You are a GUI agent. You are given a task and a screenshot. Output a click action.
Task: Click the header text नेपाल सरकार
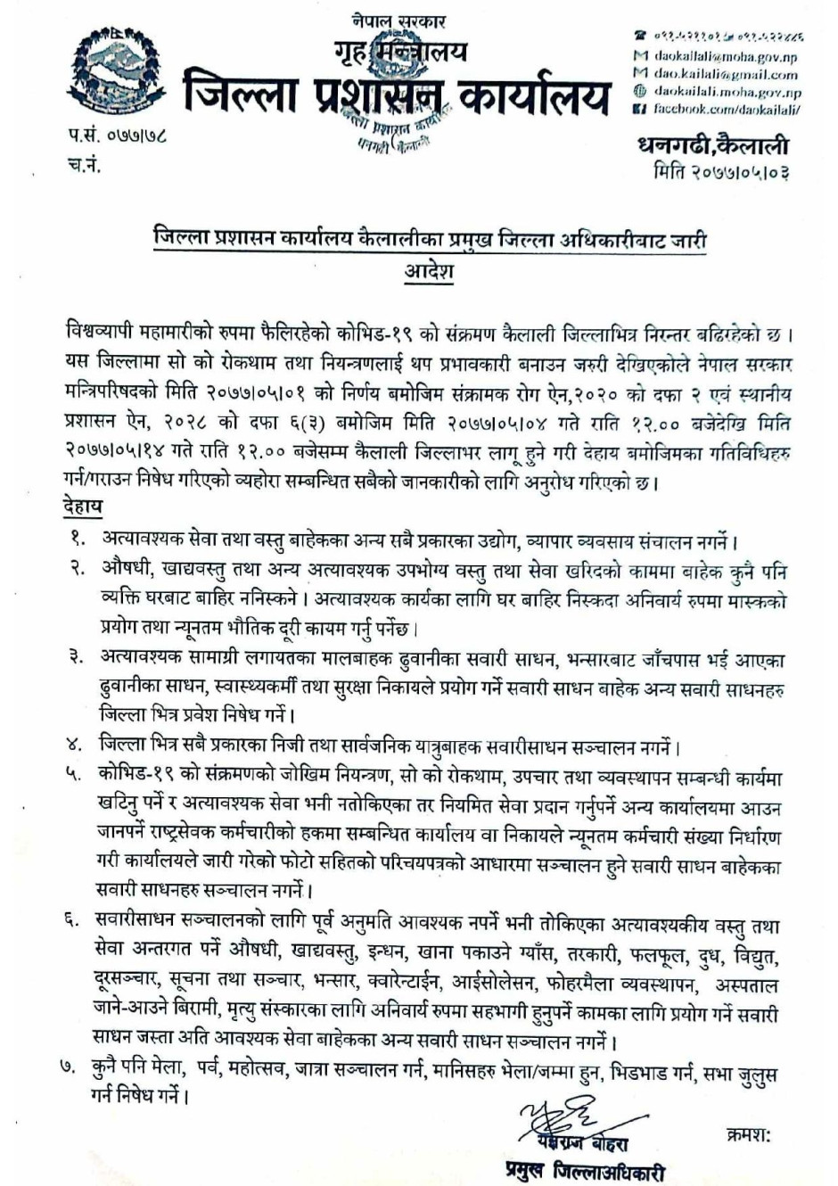tap(398, 21)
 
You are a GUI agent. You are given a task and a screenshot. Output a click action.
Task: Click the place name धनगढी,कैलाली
tap(713, 145)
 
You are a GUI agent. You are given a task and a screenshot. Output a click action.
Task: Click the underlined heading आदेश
tap(429, 270)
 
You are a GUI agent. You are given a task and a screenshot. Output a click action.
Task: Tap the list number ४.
tap(78, 745)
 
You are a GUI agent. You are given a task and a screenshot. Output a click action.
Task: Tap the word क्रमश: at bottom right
tap(748, 1136)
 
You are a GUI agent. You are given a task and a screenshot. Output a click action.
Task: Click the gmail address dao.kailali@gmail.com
tap(726, 75)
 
